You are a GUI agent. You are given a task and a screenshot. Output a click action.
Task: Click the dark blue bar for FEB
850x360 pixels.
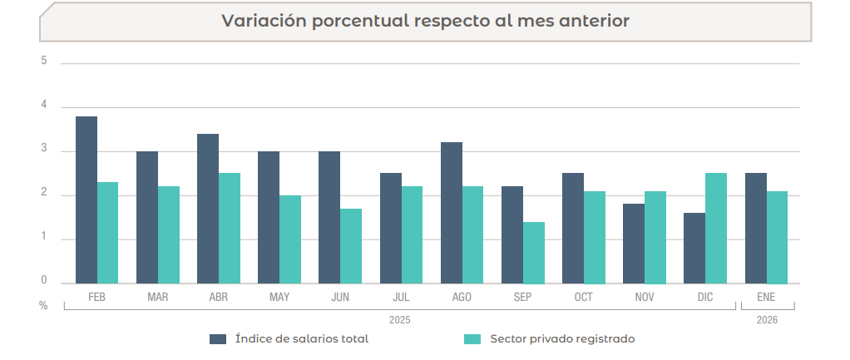pos(86,200)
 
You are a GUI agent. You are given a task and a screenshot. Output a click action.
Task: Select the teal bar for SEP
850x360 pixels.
pos(534,253)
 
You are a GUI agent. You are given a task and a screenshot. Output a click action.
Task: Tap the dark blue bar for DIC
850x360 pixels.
pos(694,248)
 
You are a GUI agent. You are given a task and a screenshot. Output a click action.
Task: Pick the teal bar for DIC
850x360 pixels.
pos(716,228)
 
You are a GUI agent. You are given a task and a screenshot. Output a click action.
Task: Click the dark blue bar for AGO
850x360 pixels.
pos(452,213)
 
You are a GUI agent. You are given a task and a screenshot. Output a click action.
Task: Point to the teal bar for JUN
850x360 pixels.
pos(351,246)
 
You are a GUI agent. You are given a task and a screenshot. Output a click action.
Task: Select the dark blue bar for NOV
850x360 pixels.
pos(634,244)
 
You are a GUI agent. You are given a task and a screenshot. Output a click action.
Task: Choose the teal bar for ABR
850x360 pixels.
pos(230,228)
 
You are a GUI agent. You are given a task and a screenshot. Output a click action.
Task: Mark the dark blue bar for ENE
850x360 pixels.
pos(755,228)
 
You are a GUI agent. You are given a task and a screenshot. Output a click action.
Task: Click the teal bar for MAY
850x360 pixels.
pos(290,239)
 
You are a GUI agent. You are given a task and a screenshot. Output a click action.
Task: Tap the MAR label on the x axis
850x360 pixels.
pos(158,297)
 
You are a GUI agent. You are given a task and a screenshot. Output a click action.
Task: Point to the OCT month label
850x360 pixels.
pos(584,297)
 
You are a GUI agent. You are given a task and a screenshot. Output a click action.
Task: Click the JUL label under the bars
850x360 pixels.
pos(401,297)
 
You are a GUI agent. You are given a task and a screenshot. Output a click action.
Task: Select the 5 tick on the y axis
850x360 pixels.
pos(43,62)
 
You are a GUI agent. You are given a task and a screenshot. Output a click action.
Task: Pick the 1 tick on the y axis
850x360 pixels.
pos(43,238)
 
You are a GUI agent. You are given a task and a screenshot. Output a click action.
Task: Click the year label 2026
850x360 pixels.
pos(767,319)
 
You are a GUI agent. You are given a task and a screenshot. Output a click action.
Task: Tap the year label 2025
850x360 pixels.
pos(400,319)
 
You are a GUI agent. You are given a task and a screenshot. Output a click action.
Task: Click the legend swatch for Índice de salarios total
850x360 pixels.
pos(218,338)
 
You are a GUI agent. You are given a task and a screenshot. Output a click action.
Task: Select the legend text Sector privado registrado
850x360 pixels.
pos(562,338)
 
